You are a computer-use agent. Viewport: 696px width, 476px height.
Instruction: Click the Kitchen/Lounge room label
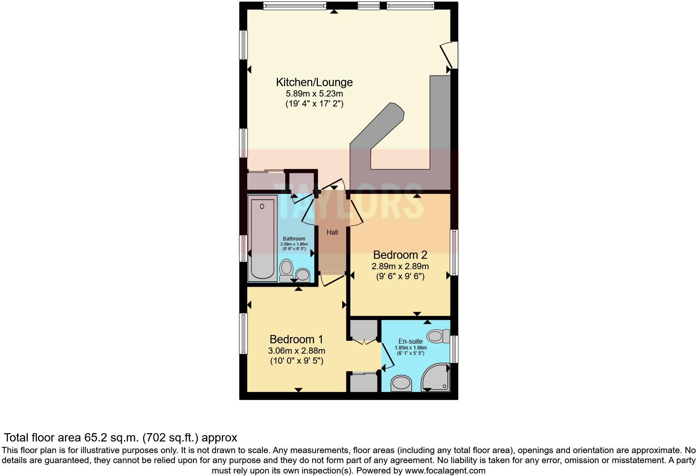314,82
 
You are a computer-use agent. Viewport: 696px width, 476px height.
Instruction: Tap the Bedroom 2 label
400,255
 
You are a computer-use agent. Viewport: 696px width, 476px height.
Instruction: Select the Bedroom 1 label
296,339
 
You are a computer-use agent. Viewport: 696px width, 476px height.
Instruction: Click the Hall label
332,233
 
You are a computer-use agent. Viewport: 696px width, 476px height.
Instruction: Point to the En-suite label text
410,341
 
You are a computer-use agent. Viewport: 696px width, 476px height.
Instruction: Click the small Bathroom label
294,239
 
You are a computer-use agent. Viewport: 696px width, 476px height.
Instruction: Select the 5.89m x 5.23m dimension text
314,94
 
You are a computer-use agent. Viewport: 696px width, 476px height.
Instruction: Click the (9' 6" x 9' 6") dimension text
400,276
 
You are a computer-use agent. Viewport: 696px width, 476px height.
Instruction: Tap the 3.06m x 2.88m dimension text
296,350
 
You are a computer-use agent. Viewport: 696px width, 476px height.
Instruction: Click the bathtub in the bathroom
263,237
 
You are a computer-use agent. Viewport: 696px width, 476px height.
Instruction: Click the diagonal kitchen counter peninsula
377,127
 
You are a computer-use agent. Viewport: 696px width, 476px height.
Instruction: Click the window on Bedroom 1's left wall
243,334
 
